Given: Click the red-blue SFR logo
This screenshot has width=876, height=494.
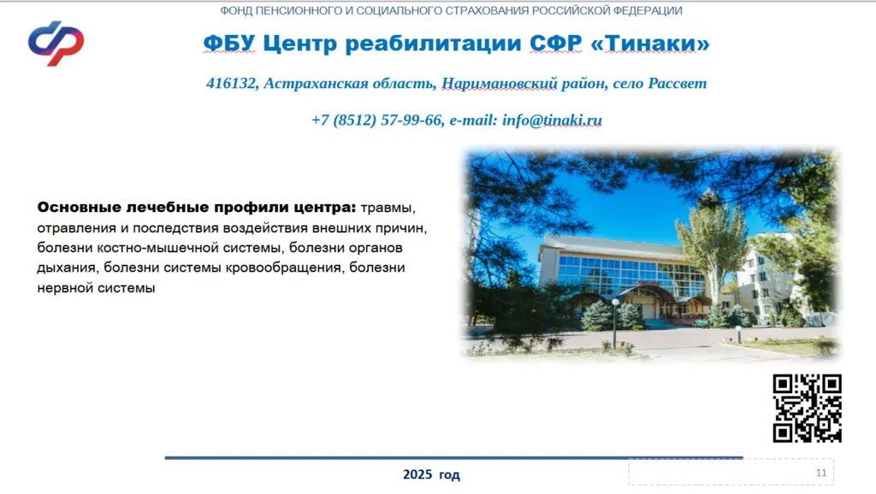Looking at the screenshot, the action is [56, 43].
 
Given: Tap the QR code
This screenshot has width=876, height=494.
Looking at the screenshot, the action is [808, 408].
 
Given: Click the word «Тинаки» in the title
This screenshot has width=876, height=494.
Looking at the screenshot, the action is [650, 43].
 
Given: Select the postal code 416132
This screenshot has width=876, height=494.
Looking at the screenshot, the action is [231, 83].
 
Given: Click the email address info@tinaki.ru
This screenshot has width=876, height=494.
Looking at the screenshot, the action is [552, 120].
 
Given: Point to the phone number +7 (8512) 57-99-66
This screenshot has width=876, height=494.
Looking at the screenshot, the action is [376, 120].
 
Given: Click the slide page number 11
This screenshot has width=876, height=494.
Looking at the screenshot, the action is [820, 473].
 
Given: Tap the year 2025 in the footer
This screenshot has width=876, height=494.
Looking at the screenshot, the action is [417, 474].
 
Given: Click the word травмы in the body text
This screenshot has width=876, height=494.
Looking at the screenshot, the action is [388, 209].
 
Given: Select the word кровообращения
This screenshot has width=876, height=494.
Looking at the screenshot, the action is [283, 268].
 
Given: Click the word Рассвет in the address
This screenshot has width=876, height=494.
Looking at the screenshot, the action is [678, 83].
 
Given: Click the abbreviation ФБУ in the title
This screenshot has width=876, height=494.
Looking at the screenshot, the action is [229, 43].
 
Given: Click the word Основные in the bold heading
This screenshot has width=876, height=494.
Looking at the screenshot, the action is [79, 208].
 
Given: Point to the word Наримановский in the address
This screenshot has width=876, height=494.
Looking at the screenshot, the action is [500, 83].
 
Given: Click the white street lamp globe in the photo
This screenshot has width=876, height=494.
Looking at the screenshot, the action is [615, 302].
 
